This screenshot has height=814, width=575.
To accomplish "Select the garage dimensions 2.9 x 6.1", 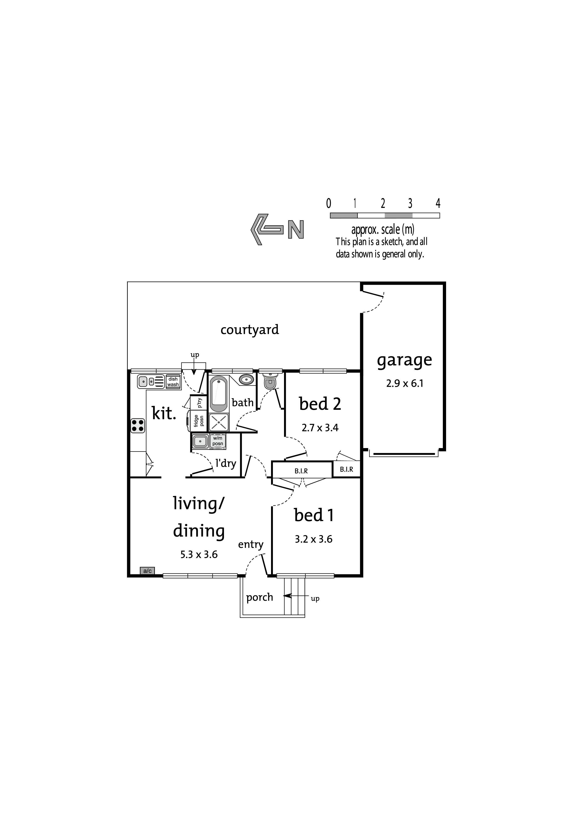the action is pyautogui.click(x=405, y=384).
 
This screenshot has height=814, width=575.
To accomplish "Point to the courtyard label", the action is pyautogui.click(x=250, y=330).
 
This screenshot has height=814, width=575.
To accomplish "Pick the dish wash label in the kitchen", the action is pyautogui.click(x=173, y=382).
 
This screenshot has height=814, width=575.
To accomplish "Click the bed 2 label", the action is pyautogui.click(x=320, y=404).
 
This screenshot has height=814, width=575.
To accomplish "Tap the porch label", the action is pyautogui.click(x=260, y=597).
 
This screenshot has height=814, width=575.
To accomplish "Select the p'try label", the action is pyautogui.click(x=199, y=403).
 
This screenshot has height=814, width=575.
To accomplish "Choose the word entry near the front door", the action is pyautogui.click(x=251, y=545).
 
